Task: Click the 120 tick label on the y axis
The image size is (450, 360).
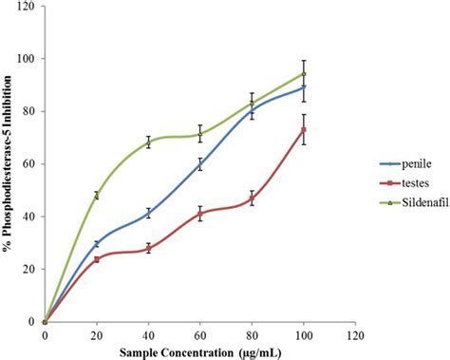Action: [26, 7]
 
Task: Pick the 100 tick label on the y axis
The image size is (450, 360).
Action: [26, 59]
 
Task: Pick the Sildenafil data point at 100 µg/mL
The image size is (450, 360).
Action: [304, 73]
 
